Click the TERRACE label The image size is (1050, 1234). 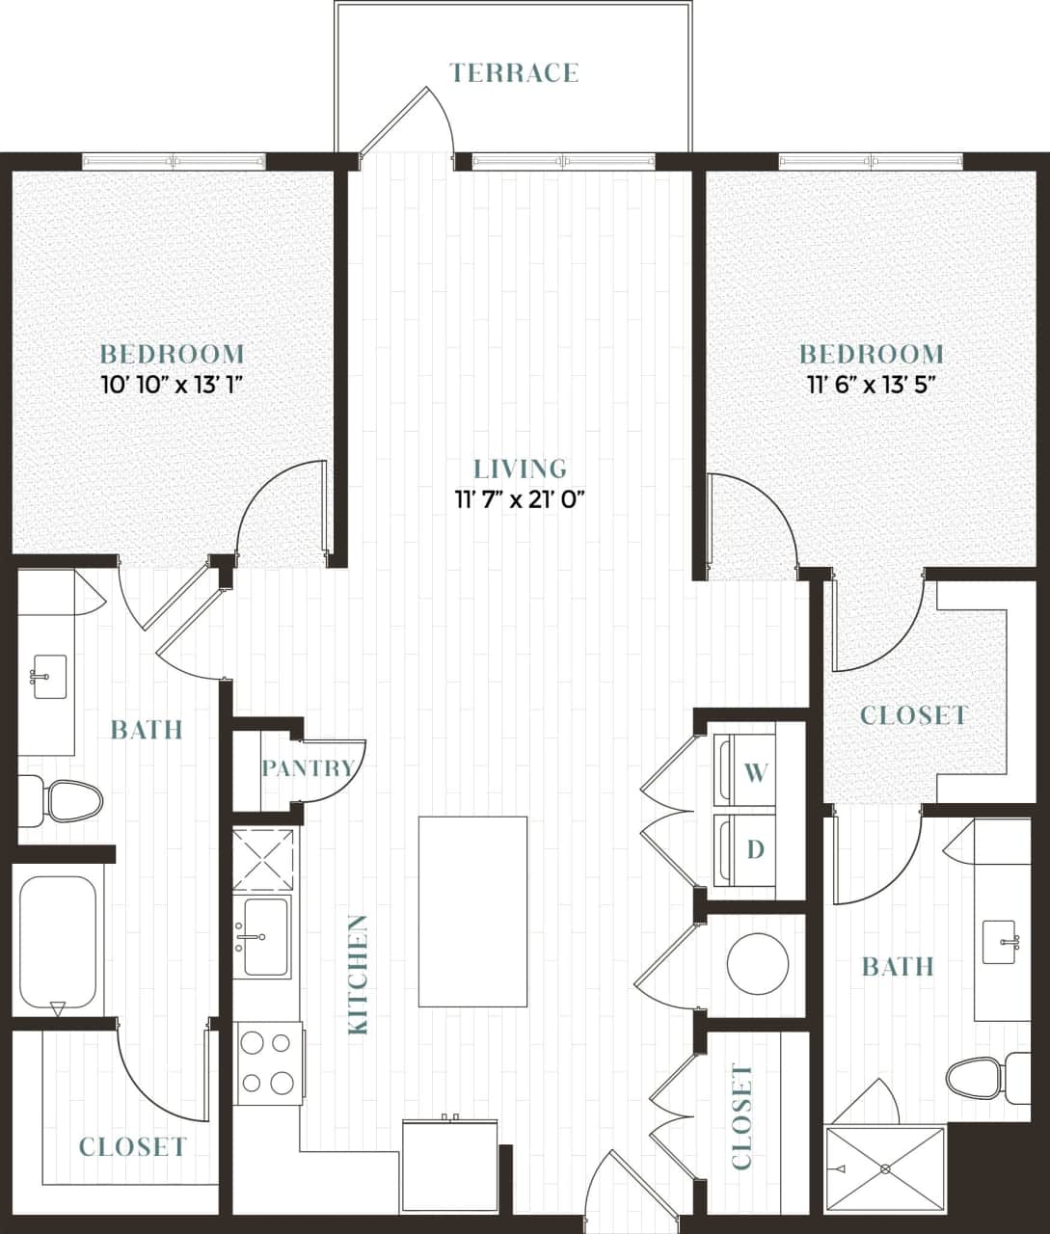(514, 72)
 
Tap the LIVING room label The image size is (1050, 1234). (520, 469)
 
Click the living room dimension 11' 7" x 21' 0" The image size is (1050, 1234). (521, 499)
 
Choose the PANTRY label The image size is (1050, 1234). (308, 768)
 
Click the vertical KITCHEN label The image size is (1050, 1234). (358, 975)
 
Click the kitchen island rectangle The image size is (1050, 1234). (472, 911)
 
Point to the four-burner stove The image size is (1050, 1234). (266, 1063)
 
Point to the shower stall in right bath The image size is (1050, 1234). (885, 1168)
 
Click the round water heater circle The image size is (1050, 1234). (758, 963)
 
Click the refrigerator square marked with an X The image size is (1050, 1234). (263, 859)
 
